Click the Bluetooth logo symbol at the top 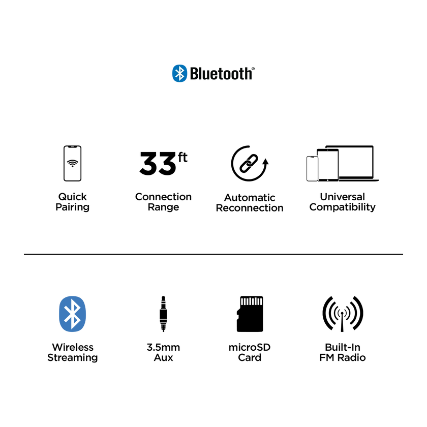(x=180, y=73)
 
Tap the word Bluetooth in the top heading (x=221, y=74)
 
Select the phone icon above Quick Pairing (x=72, y=163)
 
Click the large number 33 (x=158, y=163)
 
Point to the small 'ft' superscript (x=182, y=158)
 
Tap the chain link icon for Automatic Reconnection (x=249, y=163)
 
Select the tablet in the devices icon (x=328, y=165)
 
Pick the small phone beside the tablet (x=312, y=169)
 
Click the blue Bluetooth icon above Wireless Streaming (x=72, y=314)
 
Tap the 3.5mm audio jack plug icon (x=163, y=314)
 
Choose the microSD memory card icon (x=250, y=314)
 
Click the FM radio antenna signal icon (x=343, y=314)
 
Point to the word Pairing (x=72, y=207)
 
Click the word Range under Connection (x=163, y=207)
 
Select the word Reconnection (x=250, y=208)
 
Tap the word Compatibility (x=343, y=207)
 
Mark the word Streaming (x=72, y=358)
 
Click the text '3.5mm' (x=163, y=347)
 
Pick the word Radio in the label (x=352, y=357)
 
